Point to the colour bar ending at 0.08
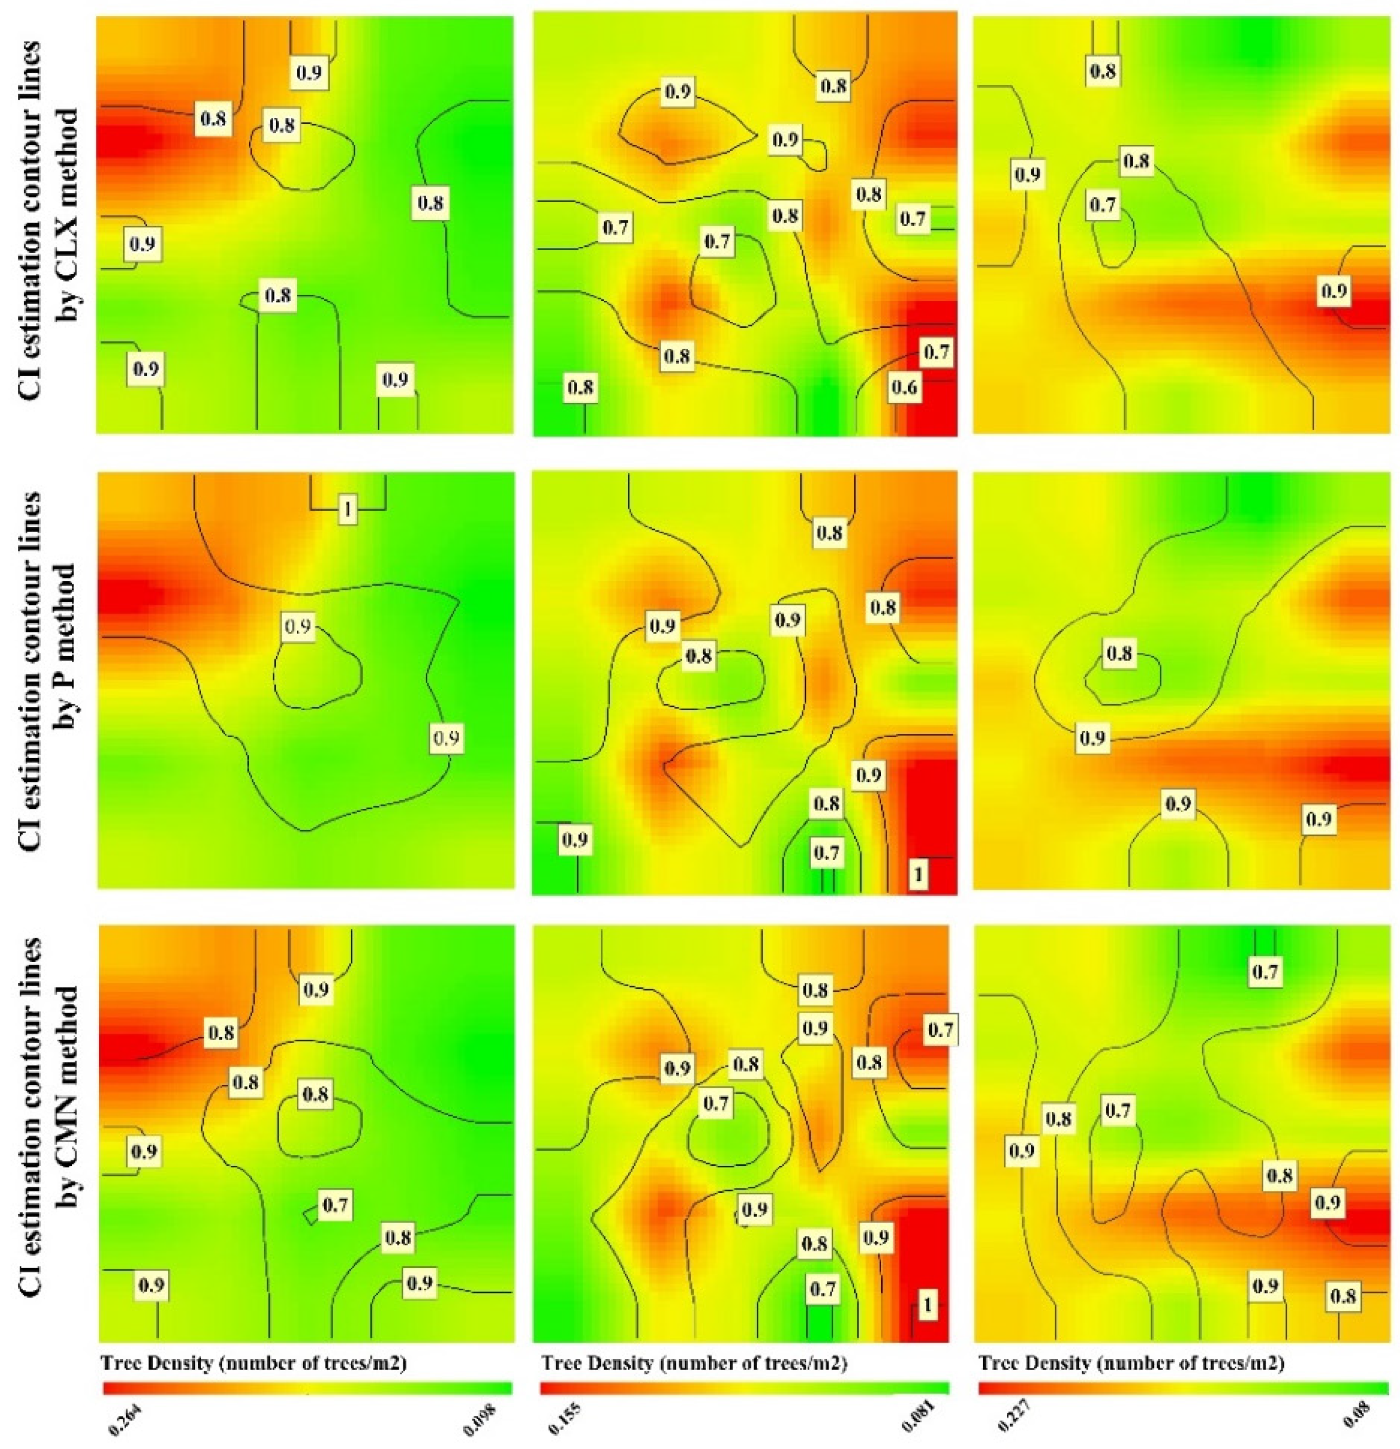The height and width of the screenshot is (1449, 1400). pyautogui.click(x=1182, y=1388)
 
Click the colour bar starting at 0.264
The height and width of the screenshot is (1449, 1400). pyautogui.click(x=307, y=1388)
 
